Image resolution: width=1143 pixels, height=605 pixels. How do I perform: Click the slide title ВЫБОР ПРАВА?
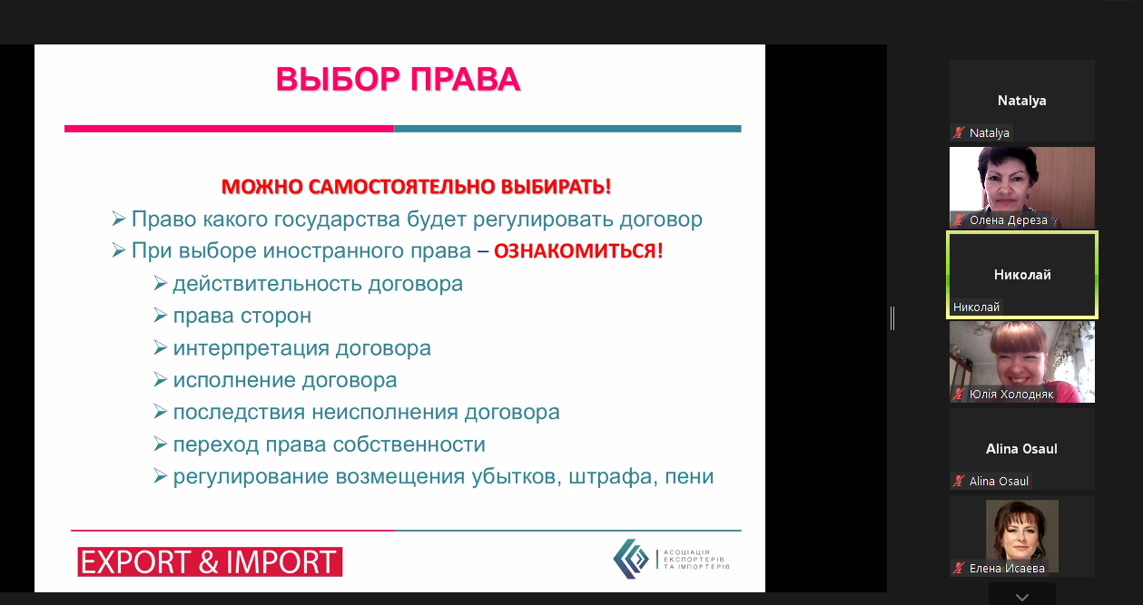pos(398,80)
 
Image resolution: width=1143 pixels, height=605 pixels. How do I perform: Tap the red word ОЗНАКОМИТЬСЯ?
pos(578,250)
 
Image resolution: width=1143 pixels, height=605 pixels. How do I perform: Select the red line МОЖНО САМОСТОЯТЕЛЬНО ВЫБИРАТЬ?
pos(416,187)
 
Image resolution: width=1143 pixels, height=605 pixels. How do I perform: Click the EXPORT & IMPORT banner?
pos(210,561)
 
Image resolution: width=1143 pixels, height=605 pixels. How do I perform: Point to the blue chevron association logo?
pos(631,559)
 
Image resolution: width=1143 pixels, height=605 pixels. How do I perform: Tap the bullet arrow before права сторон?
pos(160,316)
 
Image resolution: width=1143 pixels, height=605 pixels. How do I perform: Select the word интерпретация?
pos(251,349)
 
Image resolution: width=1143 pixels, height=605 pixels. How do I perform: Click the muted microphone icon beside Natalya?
pos(959,133)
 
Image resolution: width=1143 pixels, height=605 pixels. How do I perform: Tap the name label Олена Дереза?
pos(1008,220)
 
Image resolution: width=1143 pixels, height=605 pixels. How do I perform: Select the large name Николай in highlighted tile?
pos(1022,275)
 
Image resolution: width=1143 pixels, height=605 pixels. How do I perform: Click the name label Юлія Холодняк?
pos(1010,394)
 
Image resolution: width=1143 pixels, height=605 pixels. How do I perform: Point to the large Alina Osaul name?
pos(1021,448)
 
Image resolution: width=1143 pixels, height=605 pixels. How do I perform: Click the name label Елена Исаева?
pos(1007,569)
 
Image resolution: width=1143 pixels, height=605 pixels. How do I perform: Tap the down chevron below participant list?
pos(1022,597)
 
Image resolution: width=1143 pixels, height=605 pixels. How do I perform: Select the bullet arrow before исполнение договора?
pos(160,380)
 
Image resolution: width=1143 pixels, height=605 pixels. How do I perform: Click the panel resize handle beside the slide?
pos(892,318)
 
